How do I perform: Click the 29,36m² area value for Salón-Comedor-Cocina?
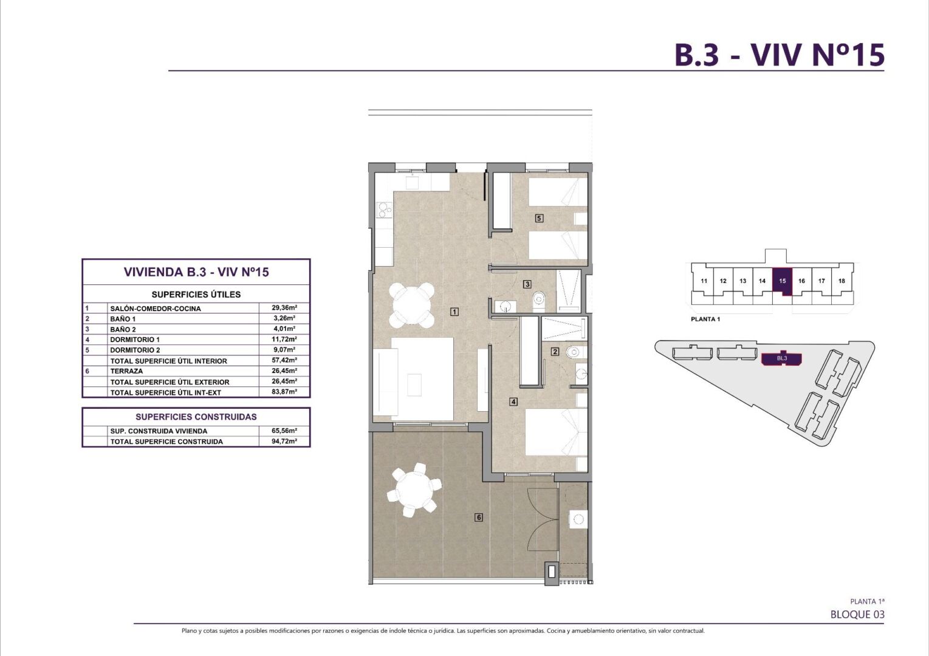[284, 308]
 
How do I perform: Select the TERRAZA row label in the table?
[126, 371]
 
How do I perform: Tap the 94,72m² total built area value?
[284, 441]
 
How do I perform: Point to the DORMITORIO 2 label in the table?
[135, 350]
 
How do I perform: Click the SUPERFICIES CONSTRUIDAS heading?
[196, 417]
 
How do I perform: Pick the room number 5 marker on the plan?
[539, 218]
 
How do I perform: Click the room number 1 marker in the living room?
[454, 312]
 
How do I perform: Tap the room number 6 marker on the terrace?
[479, 517]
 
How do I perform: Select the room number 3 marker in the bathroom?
[527, 284]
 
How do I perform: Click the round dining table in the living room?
[412, 305]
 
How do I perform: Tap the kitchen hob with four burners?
[94, 210]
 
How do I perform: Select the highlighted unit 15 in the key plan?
[782, 282]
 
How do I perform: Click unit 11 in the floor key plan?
[704, 281]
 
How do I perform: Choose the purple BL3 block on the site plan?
[782, 359]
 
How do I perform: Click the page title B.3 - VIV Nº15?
[780, 55]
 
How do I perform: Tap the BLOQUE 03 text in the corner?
[857, 614]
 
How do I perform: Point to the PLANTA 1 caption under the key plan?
[705, 319]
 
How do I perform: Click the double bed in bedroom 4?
[556, 432]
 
